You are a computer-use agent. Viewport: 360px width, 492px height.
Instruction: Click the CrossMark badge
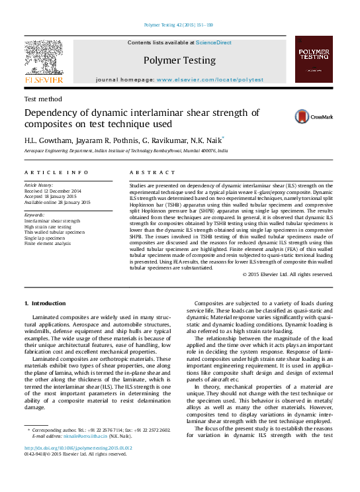tap(304, 117)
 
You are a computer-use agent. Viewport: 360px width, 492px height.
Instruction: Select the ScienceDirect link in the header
tap(214, 42)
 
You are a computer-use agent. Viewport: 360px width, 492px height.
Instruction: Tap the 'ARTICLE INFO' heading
tap(56, 172)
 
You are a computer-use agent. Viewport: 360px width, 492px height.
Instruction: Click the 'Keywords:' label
tap(34, 215)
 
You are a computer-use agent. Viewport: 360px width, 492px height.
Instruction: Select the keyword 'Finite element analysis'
tap(47, 244)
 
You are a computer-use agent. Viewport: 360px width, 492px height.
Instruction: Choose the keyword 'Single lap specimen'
tap(46, 238)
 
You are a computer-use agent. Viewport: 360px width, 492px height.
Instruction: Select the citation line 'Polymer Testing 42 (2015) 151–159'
tap(178, 24)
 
